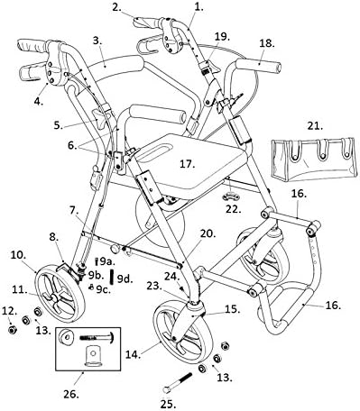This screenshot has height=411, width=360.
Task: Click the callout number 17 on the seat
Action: click(x=186, y=165)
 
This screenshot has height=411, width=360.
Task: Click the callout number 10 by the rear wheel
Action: click(x=18, y=256)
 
